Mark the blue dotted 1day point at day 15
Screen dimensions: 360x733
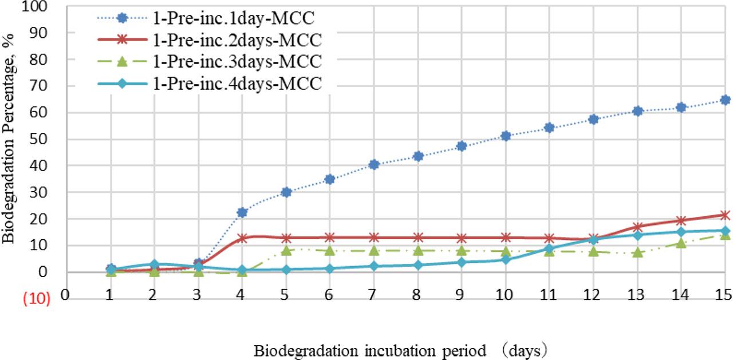point(725,100)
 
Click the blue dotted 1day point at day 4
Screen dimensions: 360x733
point(242,212)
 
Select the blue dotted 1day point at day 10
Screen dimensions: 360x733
point(505,136)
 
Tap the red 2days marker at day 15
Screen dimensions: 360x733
point(725,215)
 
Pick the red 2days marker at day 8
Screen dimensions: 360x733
point(417,238)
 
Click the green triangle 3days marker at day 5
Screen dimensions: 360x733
point(286,250)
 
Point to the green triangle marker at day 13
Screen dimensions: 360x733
point(637,252)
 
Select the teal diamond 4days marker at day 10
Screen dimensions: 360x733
point(505,260)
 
